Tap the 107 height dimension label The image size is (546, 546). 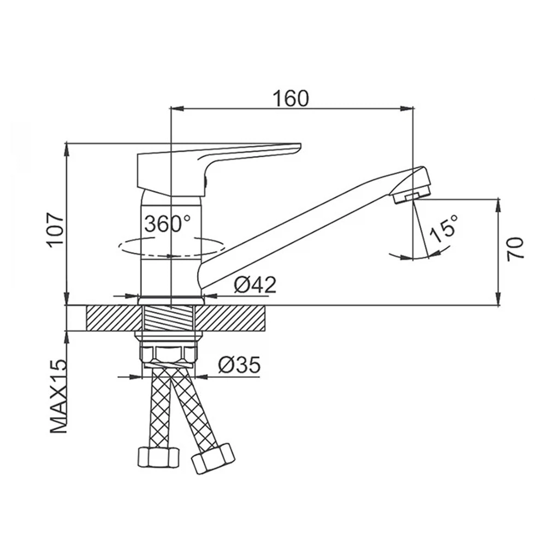(56, 229)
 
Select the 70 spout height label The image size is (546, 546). (516, 248)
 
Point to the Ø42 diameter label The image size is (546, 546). (255, 285)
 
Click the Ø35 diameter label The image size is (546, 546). (240, 365)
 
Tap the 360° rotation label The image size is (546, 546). (168, 223)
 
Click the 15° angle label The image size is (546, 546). (443, 229)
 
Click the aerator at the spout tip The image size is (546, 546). (411, 198)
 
